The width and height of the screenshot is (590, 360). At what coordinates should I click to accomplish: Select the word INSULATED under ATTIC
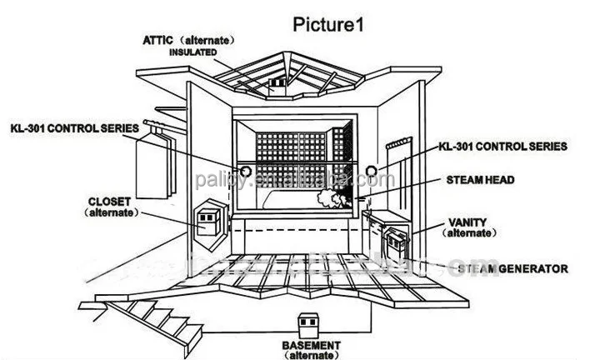(192, 52)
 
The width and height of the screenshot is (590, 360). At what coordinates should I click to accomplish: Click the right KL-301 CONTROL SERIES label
(503, 146)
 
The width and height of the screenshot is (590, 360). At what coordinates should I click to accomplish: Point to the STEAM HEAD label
(491, 179)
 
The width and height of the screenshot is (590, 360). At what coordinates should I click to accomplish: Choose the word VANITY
(467, 222)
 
